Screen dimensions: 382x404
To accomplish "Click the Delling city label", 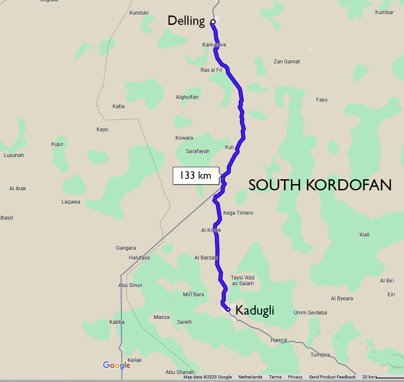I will point(186,20).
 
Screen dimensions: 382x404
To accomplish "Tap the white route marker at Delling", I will point(213,21).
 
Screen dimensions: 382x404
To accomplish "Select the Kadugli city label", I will point(255,310).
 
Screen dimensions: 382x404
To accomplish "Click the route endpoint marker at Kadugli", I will point(228,309).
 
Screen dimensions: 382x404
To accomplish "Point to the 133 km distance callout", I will point(195,176).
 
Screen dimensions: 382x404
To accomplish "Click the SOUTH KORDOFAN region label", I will point(320,185).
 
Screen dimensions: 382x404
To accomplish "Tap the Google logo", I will point(117,365).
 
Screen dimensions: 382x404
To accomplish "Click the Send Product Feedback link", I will point(332,377).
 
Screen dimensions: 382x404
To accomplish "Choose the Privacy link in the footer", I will point(295,377).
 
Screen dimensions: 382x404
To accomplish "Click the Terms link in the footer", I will point(275,377).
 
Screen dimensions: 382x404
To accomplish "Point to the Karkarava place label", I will point(214,45).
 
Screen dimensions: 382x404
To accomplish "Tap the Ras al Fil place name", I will point(211,70).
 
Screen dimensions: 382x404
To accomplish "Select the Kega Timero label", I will point(238,213).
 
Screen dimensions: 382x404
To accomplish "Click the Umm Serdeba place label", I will point(310,313).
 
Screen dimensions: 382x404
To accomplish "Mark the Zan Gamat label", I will point(287,62).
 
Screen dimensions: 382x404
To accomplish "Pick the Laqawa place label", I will point(71,202).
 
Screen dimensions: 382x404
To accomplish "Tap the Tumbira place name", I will point(320,355).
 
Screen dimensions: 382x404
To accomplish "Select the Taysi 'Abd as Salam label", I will point(243,280).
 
